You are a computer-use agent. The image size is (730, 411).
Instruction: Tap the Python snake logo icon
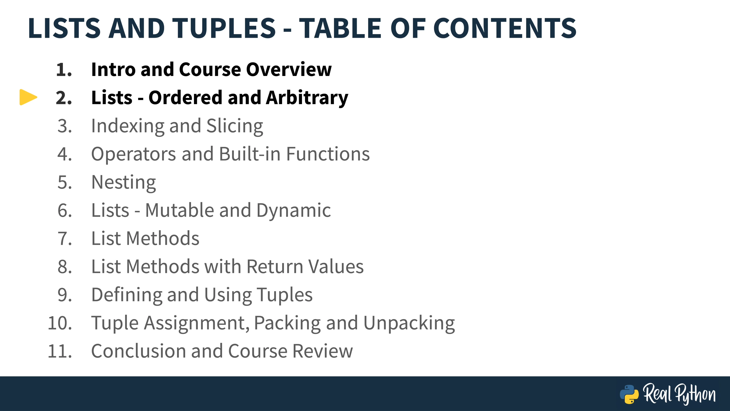(629, 394)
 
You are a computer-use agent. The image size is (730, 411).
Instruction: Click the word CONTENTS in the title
(505, 28)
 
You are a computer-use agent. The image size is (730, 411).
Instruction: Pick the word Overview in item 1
(289, 69)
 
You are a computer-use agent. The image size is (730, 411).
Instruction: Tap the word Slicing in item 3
(235, 126)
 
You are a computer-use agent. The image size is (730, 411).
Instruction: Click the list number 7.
(65, 239)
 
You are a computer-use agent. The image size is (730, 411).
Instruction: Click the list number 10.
(60, 323)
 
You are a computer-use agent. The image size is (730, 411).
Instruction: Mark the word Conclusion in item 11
(139, 351)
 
